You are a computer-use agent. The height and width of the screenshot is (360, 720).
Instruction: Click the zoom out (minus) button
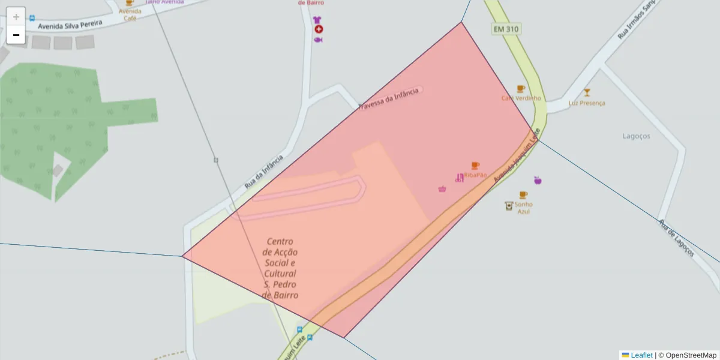point(16,35)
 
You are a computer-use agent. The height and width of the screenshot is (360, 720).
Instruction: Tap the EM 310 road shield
point(506,29)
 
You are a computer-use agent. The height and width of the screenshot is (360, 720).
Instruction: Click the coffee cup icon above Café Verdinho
point(521,89)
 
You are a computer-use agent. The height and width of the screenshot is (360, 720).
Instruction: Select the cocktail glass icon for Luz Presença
point(587,92)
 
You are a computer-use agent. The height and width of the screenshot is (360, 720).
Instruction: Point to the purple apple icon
point(538,180)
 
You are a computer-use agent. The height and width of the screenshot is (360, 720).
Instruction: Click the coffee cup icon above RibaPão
point(475,166)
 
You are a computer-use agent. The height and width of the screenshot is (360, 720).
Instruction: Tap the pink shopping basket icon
point(442,188)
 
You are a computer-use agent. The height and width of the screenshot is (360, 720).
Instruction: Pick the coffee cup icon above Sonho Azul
point(523,195)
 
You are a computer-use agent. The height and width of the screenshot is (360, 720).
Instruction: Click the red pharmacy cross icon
point(319,29)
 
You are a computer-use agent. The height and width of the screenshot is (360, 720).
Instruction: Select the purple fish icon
point(318,40)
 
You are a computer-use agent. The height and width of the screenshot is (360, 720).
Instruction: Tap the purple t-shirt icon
point(317,20)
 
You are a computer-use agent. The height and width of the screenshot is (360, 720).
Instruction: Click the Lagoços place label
point(636,136)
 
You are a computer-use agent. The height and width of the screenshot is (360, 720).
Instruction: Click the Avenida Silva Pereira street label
point(70,24)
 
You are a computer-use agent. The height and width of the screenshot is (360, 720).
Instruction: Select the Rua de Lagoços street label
point(676,238)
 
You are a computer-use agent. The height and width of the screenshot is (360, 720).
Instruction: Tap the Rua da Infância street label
point(263,172)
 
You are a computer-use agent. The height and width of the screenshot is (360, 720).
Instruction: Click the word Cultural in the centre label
point(280,274)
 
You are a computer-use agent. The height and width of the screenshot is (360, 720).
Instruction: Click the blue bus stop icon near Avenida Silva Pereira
point(32,18)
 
